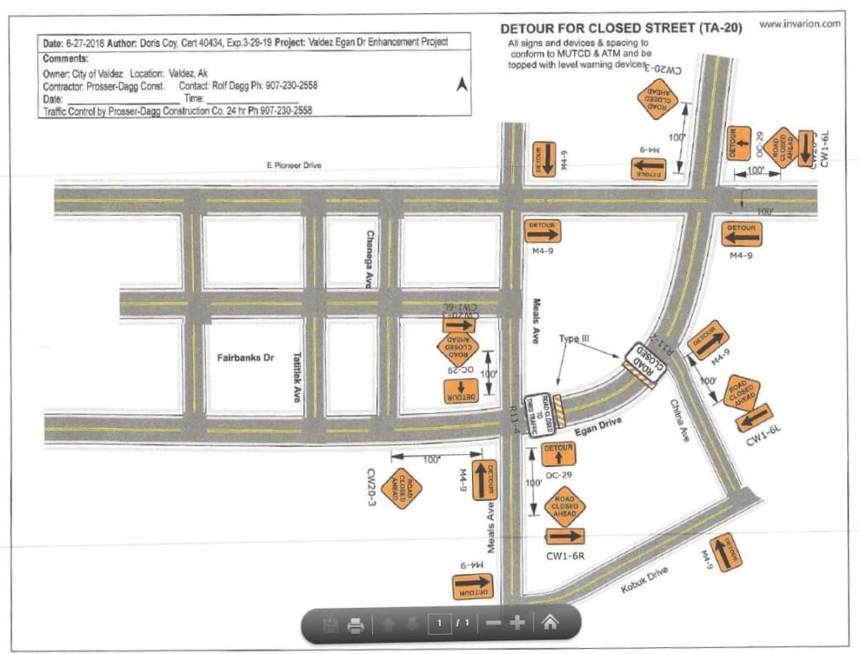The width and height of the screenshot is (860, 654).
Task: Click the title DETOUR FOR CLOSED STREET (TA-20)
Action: click(x=621, y=29)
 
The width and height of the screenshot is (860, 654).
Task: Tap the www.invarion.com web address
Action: click(x=799, y=24)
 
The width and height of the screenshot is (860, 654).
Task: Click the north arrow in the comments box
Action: click(x=459, y=85)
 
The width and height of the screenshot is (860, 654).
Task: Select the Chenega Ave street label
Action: click(x=369, y=259)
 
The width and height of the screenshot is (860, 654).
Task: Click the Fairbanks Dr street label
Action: click(x=241, y=357)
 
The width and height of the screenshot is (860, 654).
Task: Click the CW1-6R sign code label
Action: click(x=564, y=555)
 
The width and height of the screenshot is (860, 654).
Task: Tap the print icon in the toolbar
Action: click(x=355, y=624)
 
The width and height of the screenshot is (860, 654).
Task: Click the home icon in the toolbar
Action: click(x=549, y=623)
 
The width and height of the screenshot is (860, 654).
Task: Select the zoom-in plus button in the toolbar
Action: click(x=517, y=623)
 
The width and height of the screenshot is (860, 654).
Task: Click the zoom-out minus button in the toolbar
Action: click(x=494, y=623)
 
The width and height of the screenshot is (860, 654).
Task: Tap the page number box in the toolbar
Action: click(x=438, y=624)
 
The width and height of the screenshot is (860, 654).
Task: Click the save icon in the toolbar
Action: click(x=330, y=624)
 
